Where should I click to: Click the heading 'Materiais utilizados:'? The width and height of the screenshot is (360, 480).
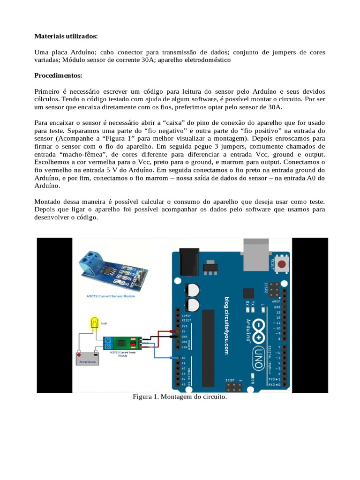(x=66, y=36)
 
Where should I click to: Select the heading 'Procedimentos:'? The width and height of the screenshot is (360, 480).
(x=58, y=75)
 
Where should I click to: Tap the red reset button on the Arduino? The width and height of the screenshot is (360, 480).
(x=281, y=264)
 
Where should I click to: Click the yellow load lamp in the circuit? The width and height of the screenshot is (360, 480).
(x=95, y=323)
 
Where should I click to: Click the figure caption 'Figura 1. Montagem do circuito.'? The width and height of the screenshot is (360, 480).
(x=180, y=397)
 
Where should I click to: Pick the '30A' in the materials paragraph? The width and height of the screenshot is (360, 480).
(x=172, y=60)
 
